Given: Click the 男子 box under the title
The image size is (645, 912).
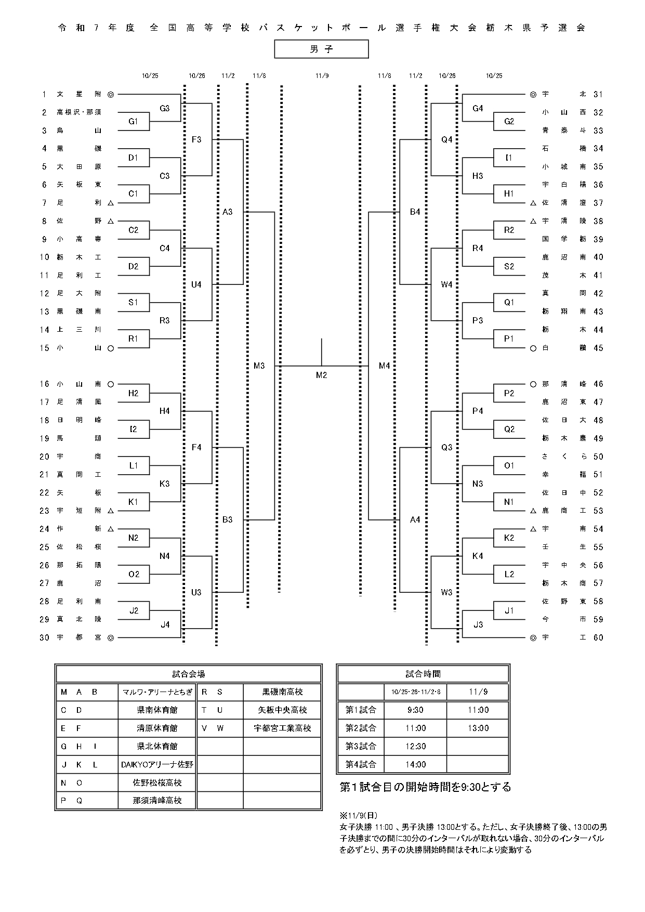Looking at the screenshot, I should click(321, 49).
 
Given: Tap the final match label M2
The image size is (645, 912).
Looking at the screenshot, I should click(321, 375).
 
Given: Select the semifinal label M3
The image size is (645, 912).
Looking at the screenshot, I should click(259, 366).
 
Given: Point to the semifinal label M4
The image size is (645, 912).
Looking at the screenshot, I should click(384, 366).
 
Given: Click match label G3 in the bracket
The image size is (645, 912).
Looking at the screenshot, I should click(165, 108).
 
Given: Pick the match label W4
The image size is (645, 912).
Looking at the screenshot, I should click(446, 284).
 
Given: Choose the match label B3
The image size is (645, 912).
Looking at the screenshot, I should click(227, 519).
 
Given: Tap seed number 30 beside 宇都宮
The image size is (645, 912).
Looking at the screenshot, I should click(44, 637).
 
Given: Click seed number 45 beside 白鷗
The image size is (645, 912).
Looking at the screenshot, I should click(598, 348).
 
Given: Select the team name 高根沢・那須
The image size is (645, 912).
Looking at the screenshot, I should click(79, 112).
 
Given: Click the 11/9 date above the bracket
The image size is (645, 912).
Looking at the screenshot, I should click(322, 76).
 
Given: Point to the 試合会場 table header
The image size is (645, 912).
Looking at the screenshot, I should click(189, 674).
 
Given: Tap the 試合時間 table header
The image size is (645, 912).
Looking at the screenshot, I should click(423, 674).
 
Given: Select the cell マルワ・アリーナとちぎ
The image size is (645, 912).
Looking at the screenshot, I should click(157, 692).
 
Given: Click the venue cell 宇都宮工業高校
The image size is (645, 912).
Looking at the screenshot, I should click(282, 728).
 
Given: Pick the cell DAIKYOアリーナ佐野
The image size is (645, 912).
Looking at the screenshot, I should click(157, 764).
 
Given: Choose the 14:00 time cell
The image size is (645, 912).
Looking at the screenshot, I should click(415, 764).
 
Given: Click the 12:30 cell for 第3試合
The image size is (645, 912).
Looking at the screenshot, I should click(415, 746).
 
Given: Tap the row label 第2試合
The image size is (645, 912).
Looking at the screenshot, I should click(361, 728).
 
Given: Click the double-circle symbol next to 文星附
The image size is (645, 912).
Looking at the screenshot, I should click(110, 95).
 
